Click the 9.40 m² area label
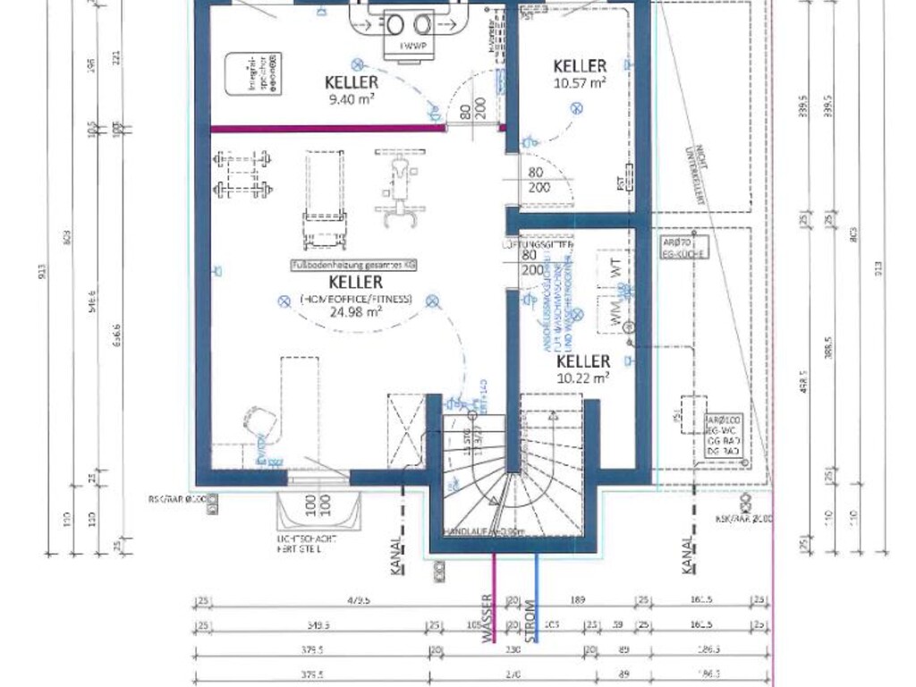[x=352, y=100]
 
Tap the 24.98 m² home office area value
[x=356, y=312]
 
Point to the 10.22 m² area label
[x=583, y=377]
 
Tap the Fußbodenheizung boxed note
[x=354, y=266]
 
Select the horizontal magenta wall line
[x=327, y=129]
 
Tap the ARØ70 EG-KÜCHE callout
[x=685, y=247]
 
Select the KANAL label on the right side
[x=688, y=555]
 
